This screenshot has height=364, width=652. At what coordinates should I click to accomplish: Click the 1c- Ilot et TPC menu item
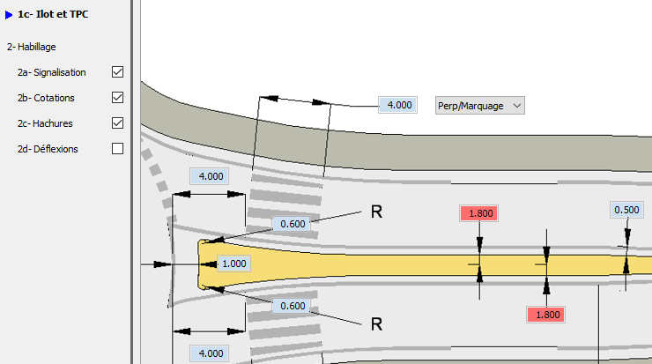pyautogui.click(x=53, y=14)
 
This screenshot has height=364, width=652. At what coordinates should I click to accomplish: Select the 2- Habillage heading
pyautogui.click(x=31, y=47)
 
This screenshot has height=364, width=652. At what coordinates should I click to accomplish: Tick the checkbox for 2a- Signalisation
pyautogui.click(x=118, y=72)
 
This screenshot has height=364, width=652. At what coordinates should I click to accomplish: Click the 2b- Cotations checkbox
pyautogui.click(x=118, y=97)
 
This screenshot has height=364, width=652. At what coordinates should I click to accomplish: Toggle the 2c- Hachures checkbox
pyautogui.click(x=118, y=123)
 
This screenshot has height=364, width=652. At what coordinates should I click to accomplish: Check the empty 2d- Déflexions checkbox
pyautogui.click(x=118, y=149)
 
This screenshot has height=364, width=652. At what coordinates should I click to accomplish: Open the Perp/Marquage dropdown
pyautogui.click(x=480, y=106)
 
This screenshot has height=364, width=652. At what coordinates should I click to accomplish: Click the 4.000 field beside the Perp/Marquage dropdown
pyautogui.click(x=398, y=105)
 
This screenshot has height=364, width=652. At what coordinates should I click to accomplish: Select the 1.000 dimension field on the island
pyautogui.click(x=233, y=264)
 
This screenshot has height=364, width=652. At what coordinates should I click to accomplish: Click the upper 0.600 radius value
pyautogui.click(x=293, y=224)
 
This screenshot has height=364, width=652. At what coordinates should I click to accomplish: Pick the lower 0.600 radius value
pyautogui.click(x=293, y=306)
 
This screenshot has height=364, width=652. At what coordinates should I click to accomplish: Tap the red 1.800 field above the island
pyautogui.click(x=479, y=213)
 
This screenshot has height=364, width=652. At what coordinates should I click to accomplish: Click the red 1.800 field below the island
pyautogui.click(x=546, y=315)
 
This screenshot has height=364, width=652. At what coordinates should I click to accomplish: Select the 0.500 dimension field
pyautogui.click(x=626, y=210)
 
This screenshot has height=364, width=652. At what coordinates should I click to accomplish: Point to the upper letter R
pyautogui.click(x=376, y=212)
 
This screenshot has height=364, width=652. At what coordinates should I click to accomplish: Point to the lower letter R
pyautogui.click(x=376, y=324)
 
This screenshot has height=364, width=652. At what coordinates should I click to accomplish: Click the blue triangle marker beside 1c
pyautogui.click(x=8, y=15)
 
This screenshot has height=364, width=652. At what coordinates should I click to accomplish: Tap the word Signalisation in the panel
pyautogui.click(x=59, y=72)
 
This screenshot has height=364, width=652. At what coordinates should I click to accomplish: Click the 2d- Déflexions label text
pyautogui.click(x=48, y=149)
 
